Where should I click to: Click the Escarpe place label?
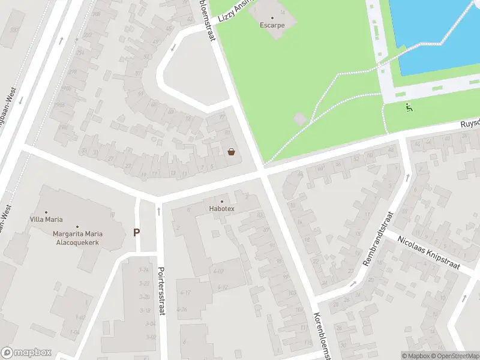coord(272,26)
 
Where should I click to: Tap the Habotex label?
coord(222,209)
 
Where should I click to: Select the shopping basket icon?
coord(232,152)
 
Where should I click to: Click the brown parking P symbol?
coord(137,232)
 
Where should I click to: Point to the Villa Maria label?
coord(46,220)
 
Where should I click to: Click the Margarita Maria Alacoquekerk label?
coord(77,238)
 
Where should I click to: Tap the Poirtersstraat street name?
coord(161,292)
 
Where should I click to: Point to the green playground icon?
coord(409,108)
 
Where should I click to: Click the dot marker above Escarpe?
coord(272,17)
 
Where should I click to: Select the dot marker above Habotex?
coord(222,201)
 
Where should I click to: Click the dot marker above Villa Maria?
coord(46,211)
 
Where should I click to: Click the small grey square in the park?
coord(300,119)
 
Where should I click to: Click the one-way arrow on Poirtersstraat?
coord(159,211)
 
